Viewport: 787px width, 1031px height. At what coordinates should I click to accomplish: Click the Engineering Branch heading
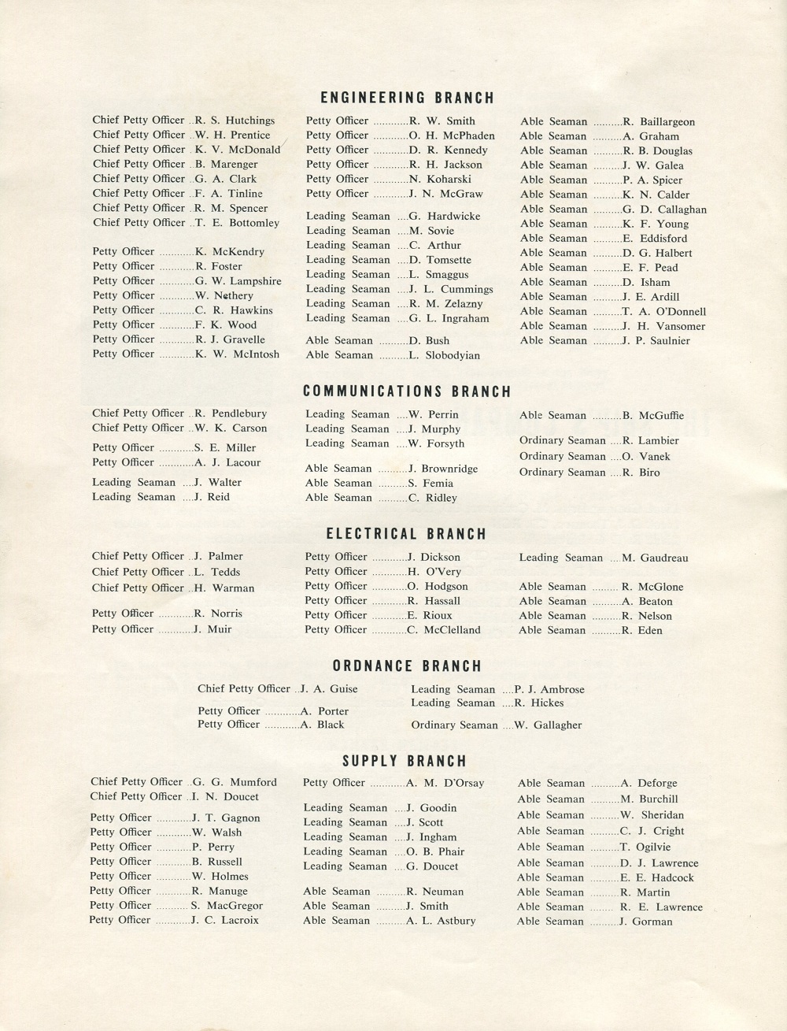[408, 98]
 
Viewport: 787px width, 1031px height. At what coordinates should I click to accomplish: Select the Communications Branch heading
[407, 391]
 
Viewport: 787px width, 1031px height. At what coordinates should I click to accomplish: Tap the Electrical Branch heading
[407, 534]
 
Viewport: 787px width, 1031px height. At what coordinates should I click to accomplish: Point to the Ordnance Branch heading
[407, 666]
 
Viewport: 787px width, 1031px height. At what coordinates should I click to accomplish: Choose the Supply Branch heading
[405, 762]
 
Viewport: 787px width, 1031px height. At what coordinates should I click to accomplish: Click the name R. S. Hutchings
[235, 121]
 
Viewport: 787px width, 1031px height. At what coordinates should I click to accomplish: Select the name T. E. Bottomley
[237, 223]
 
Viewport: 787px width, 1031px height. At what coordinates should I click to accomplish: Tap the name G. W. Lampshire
[238, 281]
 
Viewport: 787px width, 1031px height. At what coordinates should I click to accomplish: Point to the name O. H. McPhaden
[452, 135]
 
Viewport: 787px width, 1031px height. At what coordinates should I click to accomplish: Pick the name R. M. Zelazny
[445, 304]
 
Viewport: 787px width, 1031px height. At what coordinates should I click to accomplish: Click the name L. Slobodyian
[444, 355]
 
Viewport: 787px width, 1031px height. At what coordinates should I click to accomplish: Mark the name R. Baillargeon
[659, 122]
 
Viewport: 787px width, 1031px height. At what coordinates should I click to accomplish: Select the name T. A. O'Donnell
[664, 312]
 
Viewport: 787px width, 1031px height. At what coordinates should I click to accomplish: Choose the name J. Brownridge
[443, 469]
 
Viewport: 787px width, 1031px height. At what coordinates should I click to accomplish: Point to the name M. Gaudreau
[655, 558]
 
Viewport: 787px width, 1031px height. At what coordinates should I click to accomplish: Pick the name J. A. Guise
[329, 689]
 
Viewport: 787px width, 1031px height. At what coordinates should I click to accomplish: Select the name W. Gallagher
[548, 725]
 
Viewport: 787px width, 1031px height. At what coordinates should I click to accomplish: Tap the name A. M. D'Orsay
[445, 783]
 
